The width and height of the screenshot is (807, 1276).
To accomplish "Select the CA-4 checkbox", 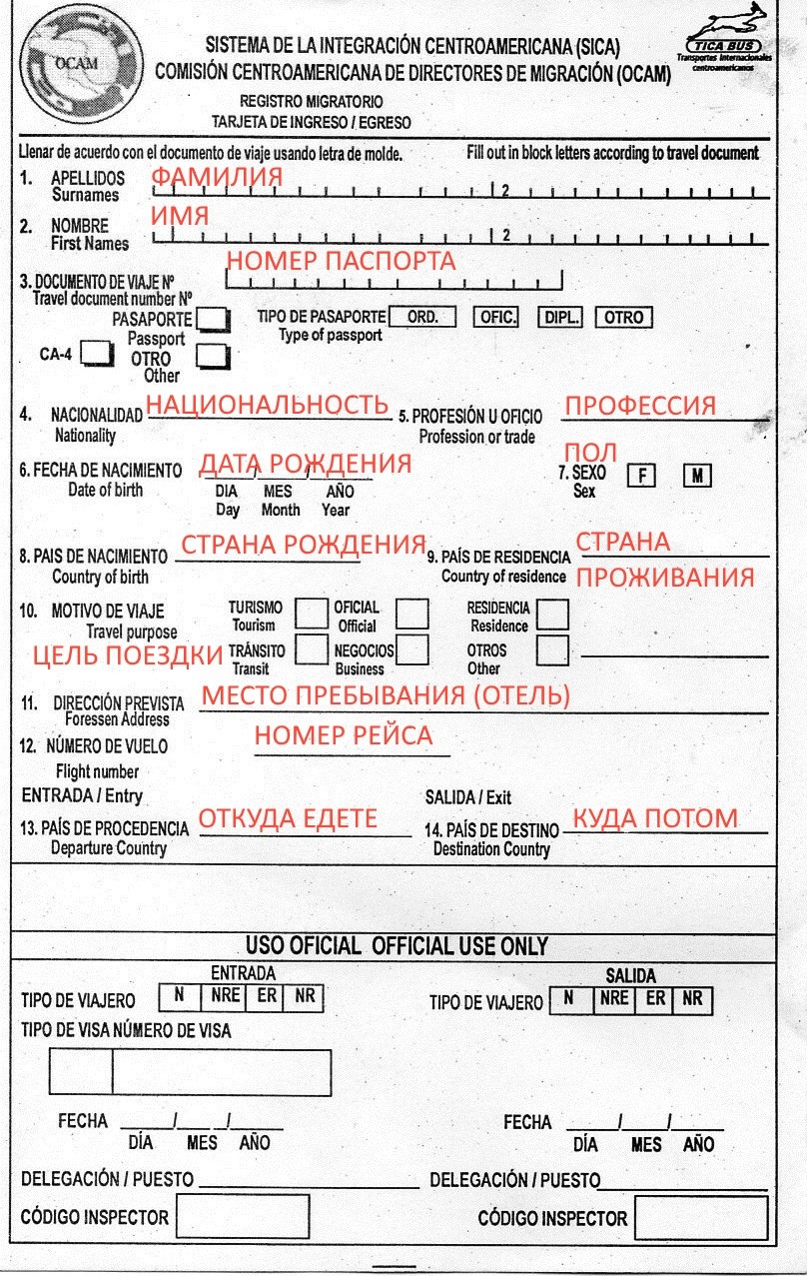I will pos(97,353).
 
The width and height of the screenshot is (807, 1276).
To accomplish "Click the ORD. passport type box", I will pos(422,317).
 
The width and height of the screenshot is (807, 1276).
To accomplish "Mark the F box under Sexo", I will pos(640,476).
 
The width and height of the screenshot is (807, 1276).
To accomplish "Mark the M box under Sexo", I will pos(697,476).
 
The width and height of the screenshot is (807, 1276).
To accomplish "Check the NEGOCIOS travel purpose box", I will pos(412,650).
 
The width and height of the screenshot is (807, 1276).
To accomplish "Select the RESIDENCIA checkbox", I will pos(552,614).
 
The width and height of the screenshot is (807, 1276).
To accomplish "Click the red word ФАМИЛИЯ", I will pos(216,177).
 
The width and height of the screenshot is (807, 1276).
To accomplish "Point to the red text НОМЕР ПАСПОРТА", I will pos(341,261).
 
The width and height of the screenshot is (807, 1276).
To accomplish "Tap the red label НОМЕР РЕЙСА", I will pos(343,736).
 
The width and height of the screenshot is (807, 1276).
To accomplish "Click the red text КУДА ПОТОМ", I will pos(654,819).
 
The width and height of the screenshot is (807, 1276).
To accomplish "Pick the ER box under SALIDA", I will pos(656,998).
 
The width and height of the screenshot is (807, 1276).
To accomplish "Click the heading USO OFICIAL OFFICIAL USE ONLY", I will pos(397,946).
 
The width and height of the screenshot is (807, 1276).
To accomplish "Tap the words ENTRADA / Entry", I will pos(82,796).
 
